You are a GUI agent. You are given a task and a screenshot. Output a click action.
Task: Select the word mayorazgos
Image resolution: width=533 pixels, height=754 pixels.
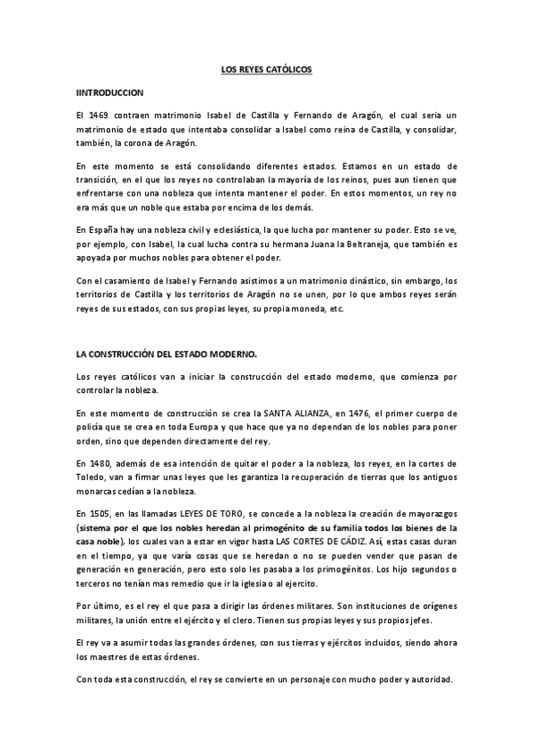pos(430,514)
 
